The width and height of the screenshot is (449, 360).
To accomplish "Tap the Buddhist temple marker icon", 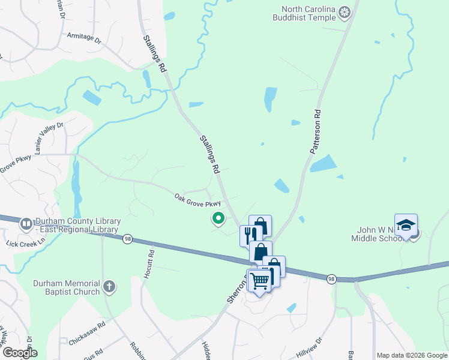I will [345, 11].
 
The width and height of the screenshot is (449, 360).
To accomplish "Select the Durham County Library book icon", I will [26, 224].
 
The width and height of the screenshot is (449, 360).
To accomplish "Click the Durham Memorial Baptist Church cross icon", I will [109, 287].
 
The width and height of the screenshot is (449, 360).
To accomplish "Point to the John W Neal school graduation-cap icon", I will [406, 225].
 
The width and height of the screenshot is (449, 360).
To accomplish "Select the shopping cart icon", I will [260, 280].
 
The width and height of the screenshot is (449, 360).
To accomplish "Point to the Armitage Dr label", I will [84, 37].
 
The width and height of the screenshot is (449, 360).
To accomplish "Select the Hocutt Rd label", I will [151, 263].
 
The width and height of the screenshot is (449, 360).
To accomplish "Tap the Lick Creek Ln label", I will [16, 244].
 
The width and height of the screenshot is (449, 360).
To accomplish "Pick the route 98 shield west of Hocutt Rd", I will [127, 239].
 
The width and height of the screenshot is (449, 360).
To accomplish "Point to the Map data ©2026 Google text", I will [411, 355].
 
